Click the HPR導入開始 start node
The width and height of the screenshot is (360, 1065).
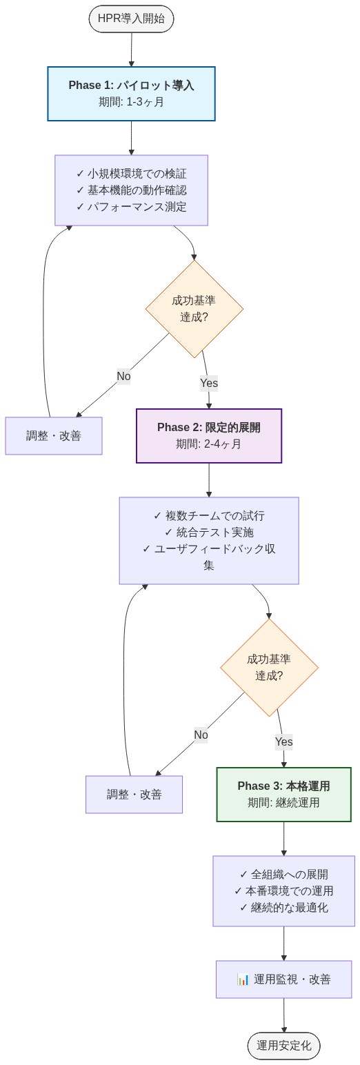tap(131, 19)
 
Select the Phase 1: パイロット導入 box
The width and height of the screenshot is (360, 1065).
tap(131, 94)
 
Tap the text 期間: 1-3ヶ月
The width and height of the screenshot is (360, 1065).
tap(131, 102)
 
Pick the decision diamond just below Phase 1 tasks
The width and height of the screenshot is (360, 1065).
tap(194, 309)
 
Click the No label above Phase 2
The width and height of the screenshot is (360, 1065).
tap(123, 377)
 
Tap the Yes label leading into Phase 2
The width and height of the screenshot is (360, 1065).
tap(208, 383)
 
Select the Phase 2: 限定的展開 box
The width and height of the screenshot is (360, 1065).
tap(208, 436)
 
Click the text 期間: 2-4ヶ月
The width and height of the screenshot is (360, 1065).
tap(208, 444)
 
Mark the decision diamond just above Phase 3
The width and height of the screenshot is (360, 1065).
tap(269, 668)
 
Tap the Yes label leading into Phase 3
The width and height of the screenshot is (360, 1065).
tap(283, 742)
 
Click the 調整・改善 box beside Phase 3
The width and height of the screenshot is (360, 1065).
tap(134, 795)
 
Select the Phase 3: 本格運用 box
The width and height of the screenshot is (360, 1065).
tap(283, 795)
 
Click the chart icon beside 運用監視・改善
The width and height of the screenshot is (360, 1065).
tap(243, 979)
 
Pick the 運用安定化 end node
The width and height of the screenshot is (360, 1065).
tap(283, 1046)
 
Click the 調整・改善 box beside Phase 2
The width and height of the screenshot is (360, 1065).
tap(54, 436)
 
